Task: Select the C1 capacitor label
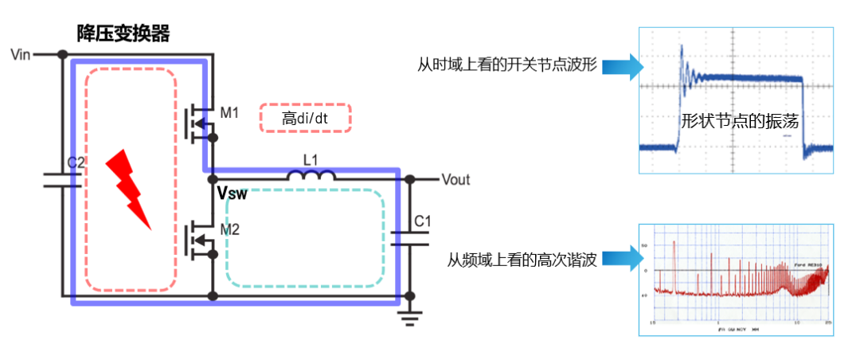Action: (x=423, y=221)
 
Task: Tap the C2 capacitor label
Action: (x=76, y=162)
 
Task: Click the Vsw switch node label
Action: (x=232, y=194)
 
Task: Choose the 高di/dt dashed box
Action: (x=306, y=119)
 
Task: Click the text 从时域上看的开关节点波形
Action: (x=507, y=65)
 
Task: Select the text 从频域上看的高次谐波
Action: (x=522, y=259)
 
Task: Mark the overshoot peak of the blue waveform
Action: (x=682, y=49)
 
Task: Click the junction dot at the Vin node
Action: (x=61, y=55)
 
